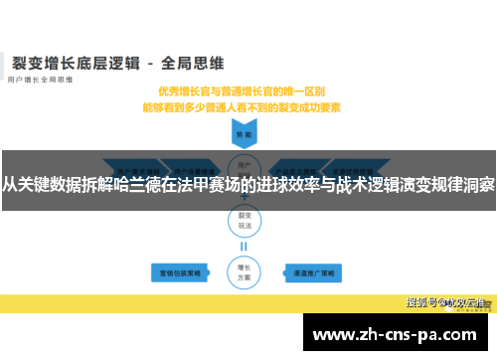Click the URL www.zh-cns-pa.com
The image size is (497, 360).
(x=398, y=335)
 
